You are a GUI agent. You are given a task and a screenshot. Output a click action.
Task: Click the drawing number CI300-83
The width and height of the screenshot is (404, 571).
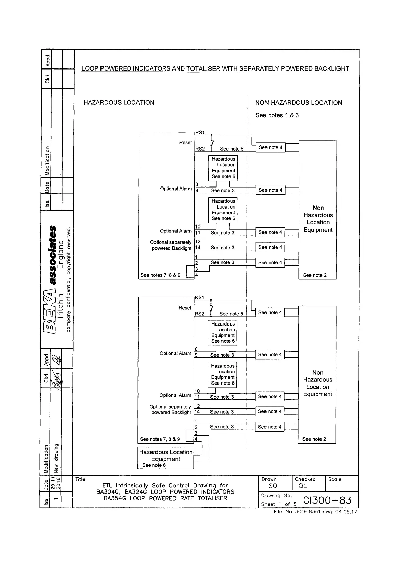(x=327, y=500)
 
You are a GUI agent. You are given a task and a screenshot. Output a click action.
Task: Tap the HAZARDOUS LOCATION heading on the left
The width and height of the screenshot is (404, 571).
(x=119, y=103)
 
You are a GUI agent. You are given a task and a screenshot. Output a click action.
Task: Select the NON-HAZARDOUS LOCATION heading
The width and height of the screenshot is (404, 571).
(x=298, y=103)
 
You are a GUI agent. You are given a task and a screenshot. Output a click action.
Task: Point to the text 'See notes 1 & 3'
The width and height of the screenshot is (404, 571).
(x=277, y=115)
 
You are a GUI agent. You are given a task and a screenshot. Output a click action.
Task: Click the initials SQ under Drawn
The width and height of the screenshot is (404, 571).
(x=273, y=486)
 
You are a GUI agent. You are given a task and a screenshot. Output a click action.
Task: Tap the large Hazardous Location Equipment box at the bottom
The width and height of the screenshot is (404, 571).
(x=166, y=458)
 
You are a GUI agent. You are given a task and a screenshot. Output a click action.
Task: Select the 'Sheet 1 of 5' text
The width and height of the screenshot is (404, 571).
(x=278, y=504)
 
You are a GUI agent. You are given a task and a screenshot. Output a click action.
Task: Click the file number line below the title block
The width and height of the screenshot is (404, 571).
(x=315, y=512)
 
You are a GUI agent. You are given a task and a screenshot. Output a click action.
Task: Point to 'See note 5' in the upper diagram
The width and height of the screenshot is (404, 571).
(x=232, y=149)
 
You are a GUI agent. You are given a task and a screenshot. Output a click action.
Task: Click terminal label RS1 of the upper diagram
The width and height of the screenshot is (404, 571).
(x=200, y=133)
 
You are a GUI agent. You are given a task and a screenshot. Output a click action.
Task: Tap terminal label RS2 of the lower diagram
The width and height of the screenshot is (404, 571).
(x=199, y=314)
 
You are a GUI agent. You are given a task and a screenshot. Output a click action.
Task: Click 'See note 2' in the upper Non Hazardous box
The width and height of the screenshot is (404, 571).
(x=314, y=275)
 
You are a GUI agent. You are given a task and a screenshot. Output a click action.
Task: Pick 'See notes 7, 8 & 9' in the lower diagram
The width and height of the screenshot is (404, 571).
(x=160, y=439)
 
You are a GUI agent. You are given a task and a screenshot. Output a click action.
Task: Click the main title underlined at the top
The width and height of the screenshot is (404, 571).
(x=215, y=69)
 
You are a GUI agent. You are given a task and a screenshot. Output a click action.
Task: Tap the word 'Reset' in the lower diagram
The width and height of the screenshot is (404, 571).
(x=185, y=308)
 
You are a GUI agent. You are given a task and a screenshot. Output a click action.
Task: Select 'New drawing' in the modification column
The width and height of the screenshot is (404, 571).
(x=56, y=458)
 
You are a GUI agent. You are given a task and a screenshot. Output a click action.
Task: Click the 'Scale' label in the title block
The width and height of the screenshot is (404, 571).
(x=334, y=479)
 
